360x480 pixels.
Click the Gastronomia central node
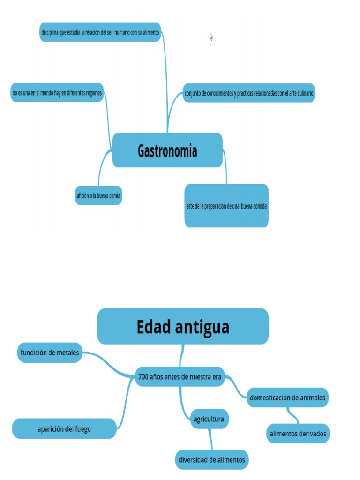167,150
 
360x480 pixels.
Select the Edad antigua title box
183,327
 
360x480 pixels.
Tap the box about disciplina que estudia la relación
100,32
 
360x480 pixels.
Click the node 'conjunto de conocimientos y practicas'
248,93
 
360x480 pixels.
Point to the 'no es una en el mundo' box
57,93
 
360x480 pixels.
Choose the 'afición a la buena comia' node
98,195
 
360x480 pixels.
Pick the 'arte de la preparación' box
226,206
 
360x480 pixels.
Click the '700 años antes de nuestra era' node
180,377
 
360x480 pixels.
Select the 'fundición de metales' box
50,352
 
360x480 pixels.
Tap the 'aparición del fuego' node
64,429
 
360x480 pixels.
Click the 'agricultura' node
209,419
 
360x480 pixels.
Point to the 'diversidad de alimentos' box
211,460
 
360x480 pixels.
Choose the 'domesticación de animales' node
287,397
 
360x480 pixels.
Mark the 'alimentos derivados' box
298,434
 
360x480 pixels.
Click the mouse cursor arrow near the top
211,36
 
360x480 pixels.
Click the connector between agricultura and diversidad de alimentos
211,440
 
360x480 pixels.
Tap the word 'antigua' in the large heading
202,327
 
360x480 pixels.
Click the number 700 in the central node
143,377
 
